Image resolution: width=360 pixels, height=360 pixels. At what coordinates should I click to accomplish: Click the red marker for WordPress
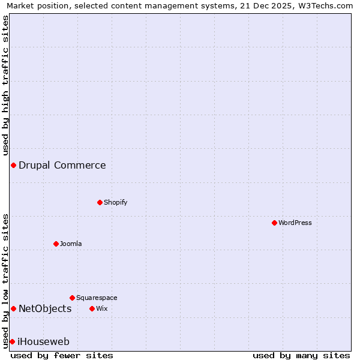[x=274, y=223]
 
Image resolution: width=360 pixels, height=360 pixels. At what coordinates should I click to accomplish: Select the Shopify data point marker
[x=100, y=202]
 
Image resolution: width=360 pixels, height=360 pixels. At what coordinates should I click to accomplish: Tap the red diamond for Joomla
[x=56, y=244]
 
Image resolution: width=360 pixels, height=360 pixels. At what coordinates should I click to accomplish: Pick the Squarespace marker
[x=72, y=298]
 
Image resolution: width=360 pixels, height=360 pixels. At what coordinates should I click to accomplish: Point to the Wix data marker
[x=92, y=308]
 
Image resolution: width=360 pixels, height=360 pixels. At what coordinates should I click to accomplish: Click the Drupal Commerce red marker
[x=13, y=165]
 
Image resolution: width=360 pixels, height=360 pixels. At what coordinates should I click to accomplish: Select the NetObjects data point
[x=13, y=308]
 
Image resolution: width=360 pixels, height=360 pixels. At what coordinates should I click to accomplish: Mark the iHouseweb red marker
[x=12, y=341]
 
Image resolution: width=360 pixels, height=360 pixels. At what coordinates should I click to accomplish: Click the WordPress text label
[x=295, y=223]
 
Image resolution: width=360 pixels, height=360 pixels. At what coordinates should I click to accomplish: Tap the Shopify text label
[x=116, y=202]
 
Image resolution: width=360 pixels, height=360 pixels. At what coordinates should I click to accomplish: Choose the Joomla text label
[x=71, y=244]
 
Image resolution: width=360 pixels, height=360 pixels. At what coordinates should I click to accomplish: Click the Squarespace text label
[x=97, y=298]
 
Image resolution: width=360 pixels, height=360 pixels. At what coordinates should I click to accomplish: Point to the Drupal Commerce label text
[x=62, y=165]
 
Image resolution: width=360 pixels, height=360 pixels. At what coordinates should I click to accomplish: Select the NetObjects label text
[x=45, y=308]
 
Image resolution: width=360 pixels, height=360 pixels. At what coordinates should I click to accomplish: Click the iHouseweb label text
[x=44, y=341]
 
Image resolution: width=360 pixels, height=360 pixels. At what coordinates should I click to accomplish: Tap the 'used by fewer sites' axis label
[x=62, y=355]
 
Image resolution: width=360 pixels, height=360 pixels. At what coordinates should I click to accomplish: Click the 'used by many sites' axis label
[x=301, y=355]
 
